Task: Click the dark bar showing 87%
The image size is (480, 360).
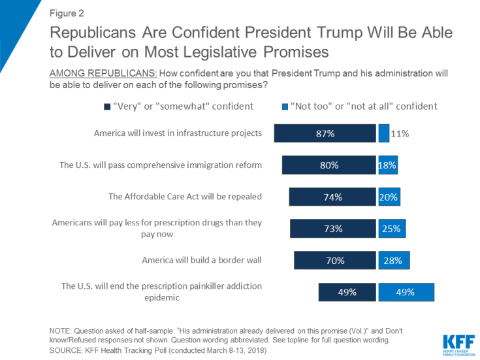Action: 325,133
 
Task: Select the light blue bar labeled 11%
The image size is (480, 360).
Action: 384,133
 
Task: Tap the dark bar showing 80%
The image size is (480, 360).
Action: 329,165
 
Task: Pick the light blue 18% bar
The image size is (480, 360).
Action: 387,165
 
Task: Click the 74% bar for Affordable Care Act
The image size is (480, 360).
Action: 332,197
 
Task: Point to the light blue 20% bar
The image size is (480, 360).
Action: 389,197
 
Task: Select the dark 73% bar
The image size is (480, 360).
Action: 333,229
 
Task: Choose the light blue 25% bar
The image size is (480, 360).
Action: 391,229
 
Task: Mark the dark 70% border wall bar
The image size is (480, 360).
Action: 335,260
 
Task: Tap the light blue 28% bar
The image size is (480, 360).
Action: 394,260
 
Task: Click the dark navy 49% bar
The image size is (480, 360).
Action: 347,292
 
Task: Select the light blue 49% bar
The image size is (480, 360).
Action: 406,292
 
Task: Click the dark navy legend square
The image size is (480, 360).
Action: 107,106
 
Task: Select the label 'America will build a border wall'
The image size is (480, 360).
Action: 202,260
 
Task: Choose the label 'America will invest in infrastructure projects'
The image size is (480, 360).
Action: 178,133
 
